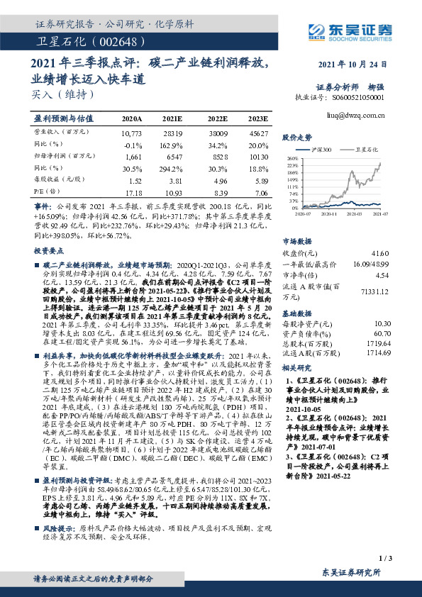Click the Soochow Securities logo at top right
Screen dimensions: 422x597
[x=352, y=30]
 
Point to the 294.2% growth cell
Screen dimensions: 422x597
[x=174, y=169]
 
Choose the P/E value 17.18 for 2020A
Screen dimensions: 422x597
[x=133, y=193]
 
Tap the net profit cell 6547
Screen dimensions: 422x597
[x=174, y=157]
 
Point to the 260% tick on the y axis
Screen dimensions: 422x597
[x=311, y=158]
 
